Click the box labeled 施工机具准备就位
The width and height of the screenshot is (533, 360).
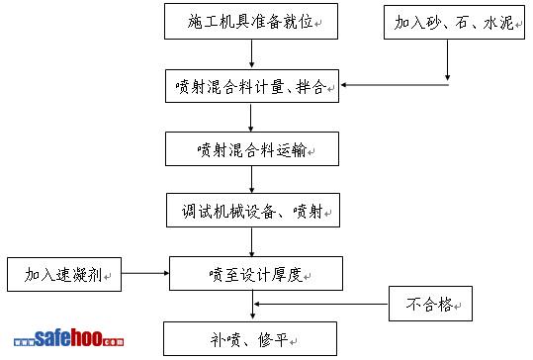point(251,22)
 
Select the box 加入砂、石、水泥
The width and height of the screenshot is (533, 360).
point(454,22)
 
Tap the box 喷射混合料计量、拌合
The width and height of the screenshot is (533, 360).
point(252,86)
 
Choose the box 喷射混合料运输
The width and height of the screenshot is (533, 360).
point(252,149)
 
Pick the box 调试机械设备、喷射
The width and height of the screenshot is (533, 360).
point(253,210)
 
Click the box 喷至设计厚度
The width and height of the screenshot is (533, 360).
point(256,273)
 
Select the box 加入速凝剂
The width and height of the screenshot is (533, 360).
point(64,274)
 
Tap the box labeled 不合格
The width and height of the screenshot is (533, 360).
point(430,304)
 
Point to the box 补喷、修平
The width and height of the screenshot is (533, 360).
point(250,338)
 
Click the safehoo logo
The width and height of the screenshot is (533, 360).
point(68,338)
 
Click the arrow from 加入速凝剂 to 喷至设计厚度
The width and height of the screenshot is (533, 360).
point(145,273)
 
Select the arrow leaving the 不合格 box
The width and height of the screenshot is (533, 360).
point(321,304)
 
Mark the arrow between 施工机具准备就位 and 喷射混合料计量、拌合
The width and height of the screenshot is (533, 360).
point(251,53)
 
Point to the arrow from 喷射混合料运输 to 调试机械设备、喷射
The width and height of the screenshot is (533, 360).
point(251,179)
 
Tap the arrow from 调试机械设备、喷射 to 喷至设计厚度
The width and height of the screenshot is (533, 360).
point(252,242)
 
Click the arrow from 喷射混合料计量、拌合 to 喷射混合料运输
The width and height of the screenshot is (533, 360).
point(251,118)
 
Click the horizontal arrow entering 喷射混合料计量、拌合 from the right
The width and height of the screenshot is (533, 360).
point(395,85)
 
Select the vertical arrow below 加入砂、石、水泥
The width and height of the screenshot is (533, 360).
point(447,60)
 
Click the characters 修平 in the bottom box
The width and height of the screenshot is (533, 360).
point(273,339)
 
